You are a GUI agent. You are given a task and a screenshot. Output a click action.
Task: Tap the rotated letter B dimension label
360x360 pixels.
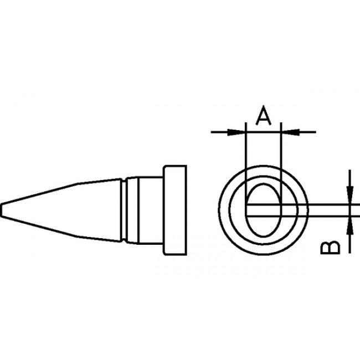point(331,246)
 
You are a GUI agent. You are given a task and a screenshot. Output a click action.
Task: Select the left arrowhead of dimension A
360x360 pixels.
point(238,132)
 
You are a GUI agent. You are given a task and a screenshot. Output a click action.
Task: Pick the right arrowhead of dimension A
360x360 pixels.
point(287,132)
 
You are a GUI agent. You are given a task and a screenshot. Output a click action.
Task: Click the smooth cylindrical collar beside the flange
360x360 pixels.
point(146,210)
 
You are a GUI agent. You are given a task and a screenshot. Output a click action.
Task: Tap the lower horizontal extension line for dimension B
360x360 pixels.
point(327,215)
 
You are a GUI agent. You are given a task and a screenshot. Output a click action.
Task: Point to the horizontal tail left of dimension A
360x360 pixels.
point(222,132)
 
